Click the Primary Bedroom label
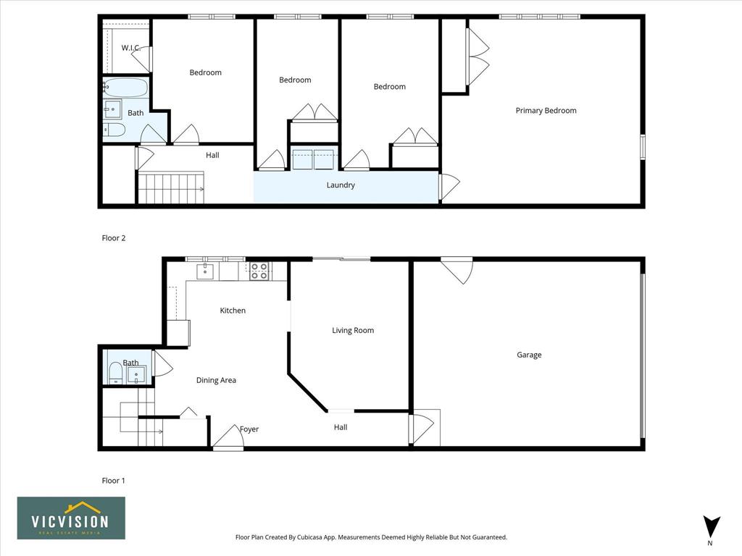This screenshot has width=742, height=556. point(546,111)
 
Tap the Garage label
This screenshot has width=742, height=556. point(529,355)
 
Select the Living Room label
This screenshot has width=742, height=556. point(353,330)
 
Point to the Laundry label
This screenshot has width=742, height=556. point(341,185)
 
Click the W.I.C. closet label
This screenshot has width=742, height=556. point(130,48)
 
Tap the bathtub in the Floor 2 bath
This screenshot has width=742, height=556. point(125,88)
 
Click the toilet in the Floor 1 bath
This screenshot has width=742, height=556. point(115,372)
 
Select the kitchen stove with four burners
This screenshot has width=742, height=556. point(260,271)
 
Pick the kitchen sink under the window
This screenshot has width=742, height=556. point(205,272)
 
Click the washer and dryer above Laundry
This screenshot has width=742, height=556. point(313,159)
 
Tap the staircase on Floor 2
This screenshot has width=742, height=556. point(171,188)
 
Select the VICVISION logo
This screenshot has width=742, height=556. point(71,518)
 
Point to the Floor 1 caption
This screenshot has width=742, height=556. point(114,481)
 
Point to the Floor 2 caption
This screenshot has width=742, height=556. point(114,238)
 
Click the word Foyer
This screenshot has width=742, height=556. point(249,429)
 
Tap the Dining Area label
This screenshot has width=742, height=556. point(216,380)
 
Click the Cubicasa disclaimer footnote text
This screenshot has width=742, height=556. point(371,537)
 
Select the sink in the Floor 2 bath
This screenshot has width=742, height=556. point(112,109)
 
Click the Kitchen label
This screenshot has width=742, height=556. point(233,311)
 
